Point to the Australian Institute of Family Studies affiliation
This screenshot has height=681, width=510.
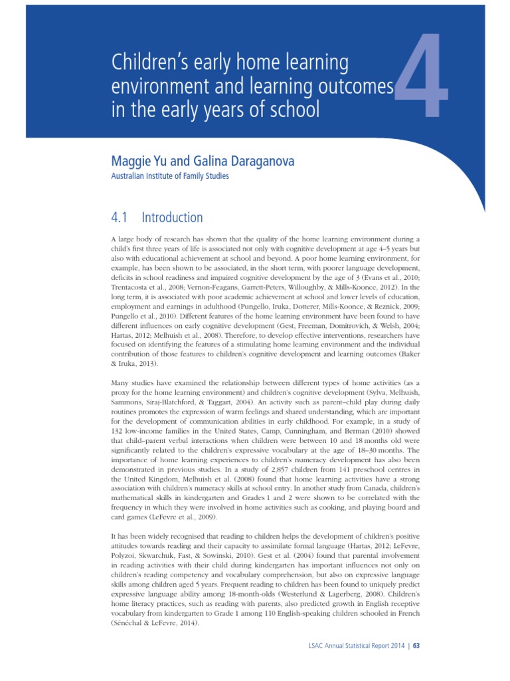click(169, 176)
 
